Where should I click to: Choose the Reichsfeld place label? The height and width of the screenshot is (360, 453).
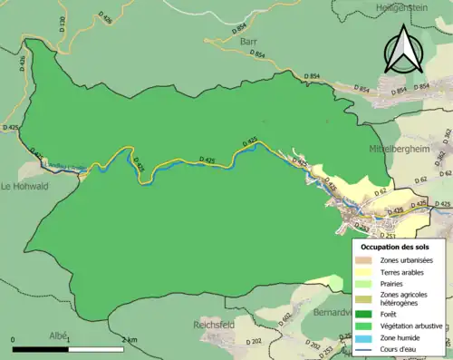click(216, 324)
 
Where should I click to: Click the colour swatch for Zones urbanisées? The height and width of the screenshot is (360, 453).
click(367, 261)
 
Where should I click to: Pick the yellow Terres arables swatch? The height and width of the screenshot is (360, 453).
click(367, 272)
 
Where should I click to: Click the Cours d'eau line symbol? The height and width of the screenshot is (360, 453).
click(367, 349)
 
